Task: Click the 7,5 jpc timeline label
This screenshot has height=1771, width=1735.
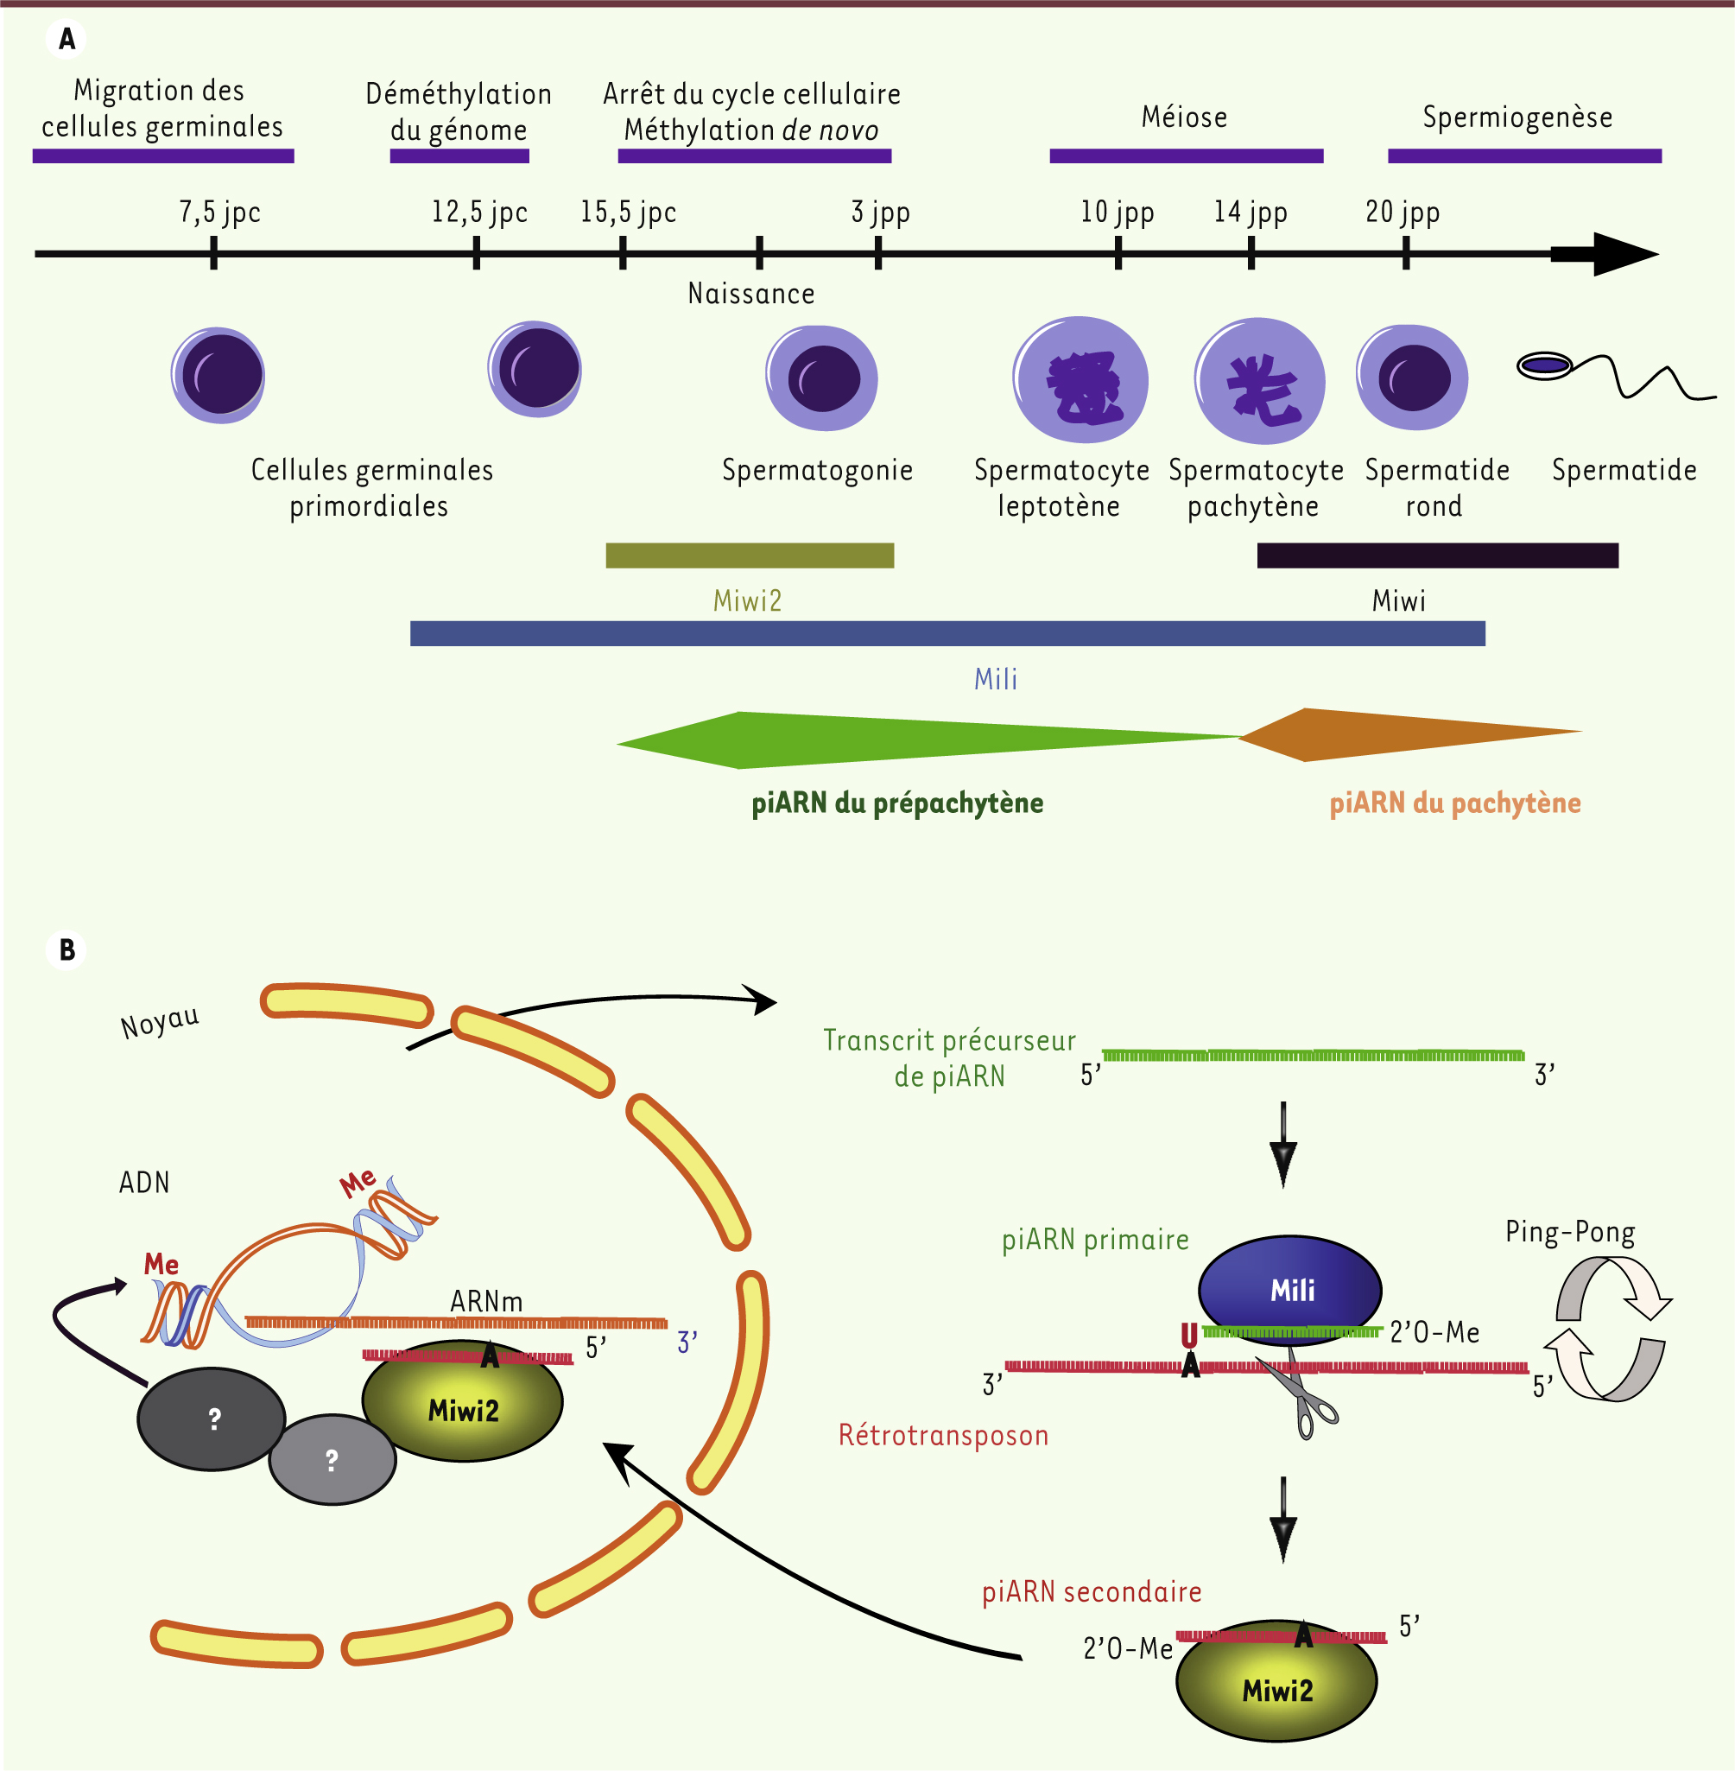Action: [219, 213]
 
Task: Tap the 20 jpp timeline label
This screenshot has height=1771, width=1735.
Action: [1402, 213]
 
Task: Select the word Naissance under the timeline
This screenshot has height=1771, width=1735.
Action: [750, 294]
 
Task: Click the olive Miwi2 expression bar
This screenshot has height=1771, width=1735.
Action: [749, 555]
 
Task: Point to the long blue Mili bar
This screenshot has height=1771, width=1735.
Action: [947, 633]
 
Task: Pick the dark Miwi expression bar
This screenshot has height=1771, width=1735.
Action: [1437, 555]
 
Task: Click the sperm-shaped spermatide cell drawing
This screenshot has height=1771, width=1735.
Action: [1613, 375]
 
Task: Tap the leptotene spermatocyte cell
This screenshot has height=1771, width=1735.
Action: [1080, 380]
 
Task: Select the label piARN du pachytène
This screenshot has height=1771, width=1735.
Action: [1454, 803]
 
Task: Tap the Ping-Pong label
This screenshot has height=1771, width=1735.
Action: [1569, 1232]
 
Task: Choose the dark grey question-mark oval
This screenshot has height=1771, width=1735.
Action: [212, 1419]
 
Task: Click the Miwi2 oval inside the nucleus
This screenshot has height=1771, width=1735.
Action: [463, 1408]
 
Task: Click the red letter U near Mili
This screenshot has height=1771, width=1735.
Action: [1189, 1336]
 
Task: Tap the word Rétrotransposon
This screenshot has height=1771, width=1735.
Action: [943, 1436]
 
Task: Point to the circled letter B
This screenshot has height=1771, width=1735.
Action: [66, 949]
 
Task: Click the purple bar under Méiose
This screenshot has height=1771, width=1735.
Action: [1186, 156]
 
